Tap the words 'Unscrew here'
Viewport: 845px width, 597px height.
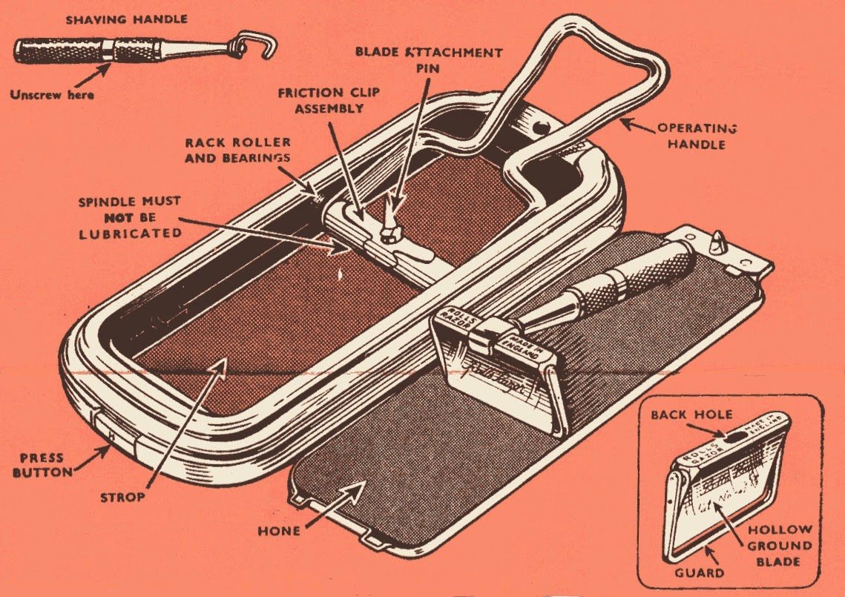coord(52,94)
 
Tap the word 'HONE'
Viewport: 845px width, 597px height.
coord(280,530)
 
